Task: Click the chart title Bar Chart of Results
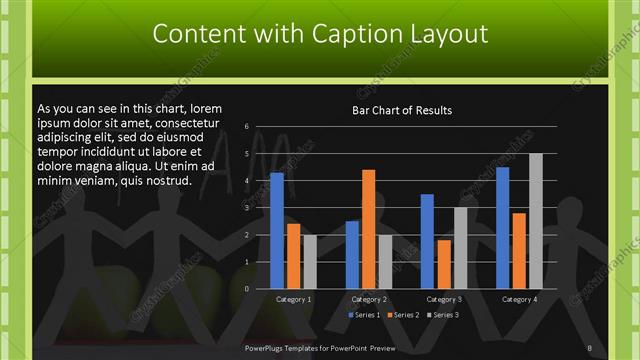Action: point(402,110)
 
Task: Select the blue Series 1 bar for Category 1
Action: point(277,230)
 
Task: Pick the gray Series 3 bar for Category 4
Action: point(536,221)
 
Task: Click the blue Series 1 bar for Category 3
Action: point(427,241)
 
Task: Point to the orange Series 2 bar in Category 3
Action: point(444,264)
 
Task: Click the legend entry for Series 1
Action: point(364,315)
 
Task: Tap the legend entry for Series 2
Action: point(402,315)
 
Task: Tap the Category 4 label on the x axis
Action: point(518,299)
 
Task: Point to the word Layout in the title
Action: point(447,34)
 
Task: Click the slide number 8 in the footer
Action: point(590,347)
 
